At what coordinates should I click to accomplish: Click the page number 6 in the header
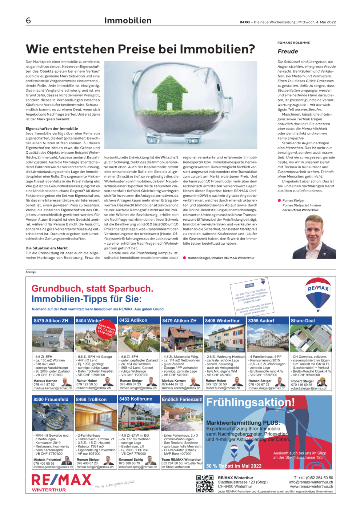[28, 20]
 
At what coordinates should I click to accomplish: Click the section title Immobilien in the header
[128, 21]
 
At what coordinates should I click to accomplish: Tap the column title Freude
[288, 52]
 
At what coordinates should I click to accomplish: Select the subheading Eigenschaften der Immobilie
[52, 129]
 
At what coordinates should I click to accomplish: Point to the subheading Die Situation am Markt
[47, 248]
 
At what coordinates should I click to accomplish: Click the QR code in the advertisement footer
[205, 484]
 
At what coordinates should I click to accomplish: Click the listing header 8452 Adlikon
[133, 320]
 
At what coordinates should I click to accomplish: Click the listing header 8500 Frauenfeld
[51, 399]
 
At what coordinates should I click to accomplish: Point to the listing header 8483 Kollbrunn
[136, 399]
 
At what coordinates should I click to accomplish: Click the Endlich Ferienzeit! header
[182, 399]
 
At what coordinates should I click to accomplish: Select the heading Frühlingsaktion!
[250, 402]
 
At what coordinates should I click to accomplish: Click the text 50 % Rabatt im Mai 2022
[234, 466]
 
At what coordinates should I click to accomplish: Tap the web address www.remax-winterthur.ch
[311, 486]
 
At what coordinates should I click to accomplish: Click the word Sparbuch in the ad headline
[129, 288]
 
